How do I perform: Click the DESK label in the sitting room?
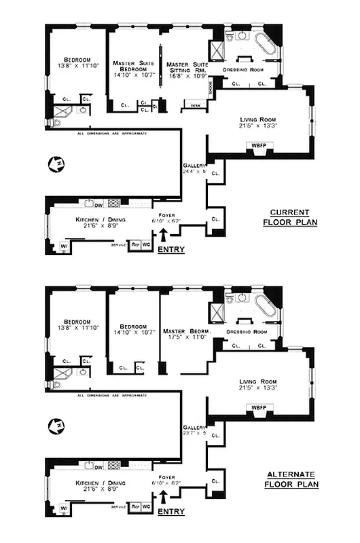196,105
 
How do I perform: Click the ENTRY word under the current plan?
170,250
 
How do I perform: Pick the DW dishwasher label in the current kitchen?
98,203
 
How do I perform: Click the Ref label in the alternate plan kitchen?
135,506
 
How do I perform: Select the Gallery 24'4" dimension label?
194,169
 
